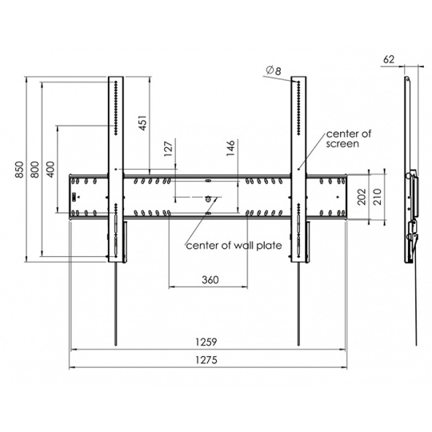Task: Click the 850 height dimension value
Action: pos(19,170)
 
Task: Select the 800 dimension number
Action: pos(35,170)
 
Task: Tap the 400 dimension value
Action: pos(50,170)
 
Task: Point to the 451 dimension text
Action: pos(142,122)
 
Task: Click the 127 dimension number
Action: pos(168,149)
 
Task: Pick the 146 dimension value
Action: pos(231,148)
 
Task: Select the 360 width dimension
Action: pos(210,280)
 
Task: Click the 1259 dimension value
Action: pos(206,342)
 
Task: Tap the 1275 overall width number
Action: pos(206,360)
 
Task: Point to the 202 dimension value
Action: pos(362,197)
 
